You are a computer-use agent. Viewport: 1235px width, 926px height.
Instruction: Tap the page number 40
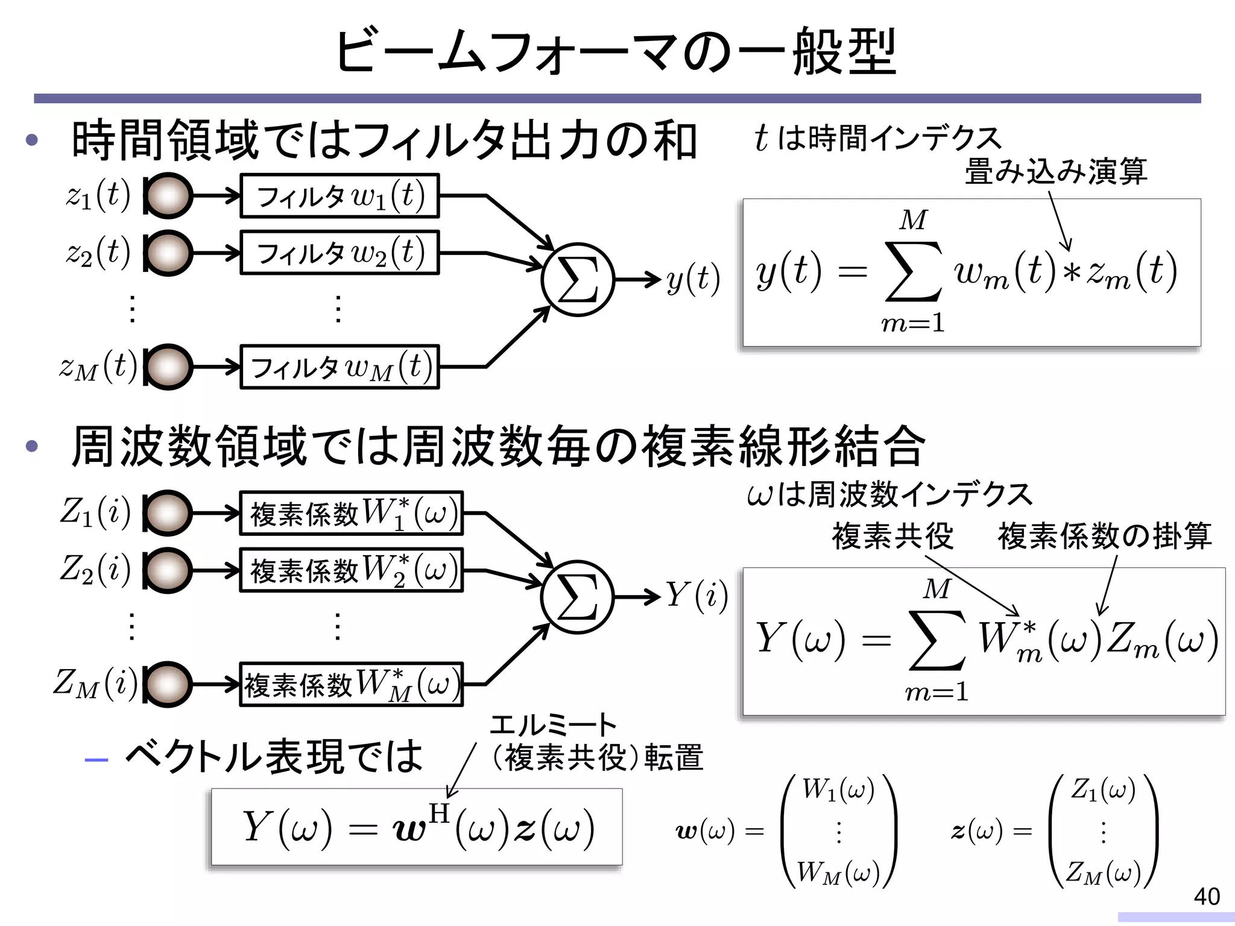point(1207,896)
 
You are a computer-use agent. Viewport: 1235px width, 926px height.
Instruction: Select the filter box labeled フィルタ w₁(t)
point(340,196)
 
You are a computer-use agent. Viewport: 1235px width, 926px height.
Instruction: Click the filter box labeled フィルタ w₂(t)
point(340,253)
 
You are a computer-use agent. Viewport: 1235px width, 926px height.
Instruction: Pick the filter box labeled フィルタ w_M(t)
point(340,367)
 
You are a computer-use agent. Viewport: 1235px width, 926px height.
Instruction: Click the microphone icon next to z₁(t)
point(168,196)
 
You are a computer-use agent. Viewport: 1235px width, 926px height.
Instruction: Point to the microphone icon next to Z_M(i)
point(168,684)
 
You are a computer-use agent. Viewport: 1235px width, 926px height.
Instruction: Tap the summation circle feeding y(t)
point(577,280)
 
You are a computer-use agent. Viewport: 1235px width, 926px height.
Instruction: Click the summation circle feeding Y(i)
point(577,597)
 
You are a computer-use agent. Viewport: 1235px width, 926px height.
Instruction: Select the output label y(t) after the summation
point(693,280)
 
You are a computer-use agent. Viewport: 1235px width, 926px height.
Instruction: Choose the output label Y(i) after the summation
point(696,596)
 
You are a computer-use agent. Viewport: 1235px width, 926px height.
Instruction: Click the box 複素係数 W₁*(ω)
point(352,514)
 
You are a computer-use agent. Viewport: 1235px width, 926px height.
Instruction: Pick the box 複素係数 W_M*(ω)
point(352,685)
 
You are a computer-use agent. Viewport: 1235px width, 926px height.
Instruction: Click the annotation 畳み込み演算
point(1055,171)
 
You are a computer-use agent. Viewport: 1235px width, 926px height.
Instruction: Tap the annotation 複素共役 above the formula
point(892,536)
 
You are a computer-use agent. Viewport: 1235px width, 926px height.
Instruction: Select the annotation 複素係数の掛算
point(1104,536)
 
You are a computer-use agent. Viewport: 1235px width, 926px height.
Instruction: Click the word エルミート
point(552,725)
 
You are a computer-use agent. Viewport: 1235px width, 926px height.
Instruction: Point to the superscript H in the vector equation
point(439,813)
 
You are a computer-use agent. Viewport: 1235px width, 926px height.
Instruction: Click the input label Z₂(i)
point(95,570)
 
